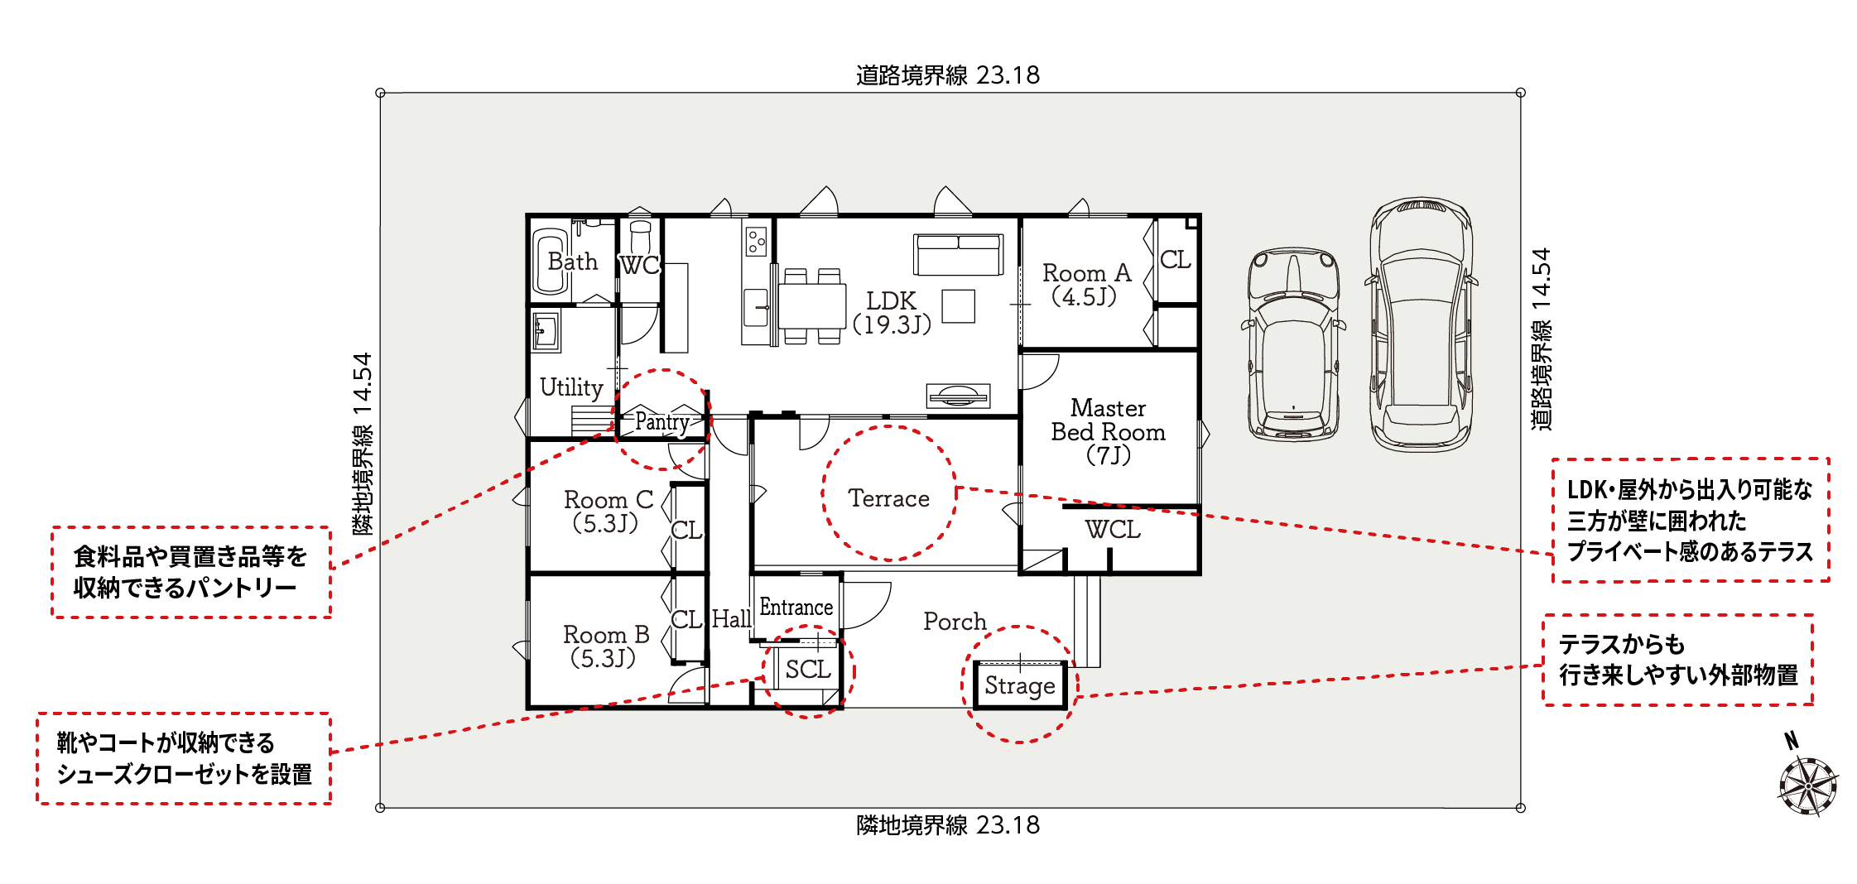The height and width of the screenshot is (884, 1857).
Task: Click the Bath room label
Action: point(572,262)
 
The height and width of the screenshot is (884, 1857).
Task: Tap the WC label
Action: point(639,265)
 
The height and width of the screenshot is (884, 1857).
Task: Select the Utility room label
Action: point(571,387)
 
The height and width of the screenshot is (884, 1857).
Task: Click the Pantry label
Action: point(662,422)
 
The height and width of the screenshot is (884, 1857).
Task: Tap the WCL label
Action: point(1112,529)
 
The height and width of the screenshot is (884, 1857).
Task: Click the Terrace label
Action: point(888,498)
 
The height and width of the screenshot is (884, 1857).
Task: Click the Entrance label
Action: point(796,608)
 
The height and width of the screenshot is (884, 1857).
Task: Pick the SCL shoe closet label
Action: point(808,669)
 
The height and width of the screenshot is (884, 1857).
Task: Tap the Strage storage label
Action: point(1019,685)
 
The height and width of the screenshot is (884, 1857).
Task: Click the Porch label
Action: point(955,621)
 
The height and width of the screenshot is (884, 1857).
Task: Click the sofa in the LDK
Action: point(959,254)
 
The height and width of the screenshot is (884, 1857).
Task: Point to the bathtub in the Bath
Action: point(551,261)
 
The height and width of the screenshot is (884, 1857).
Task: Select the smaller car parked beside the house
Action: point(1293,344)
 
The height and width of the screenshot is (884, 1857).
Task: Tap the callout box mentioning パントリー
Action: point(191,572)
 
